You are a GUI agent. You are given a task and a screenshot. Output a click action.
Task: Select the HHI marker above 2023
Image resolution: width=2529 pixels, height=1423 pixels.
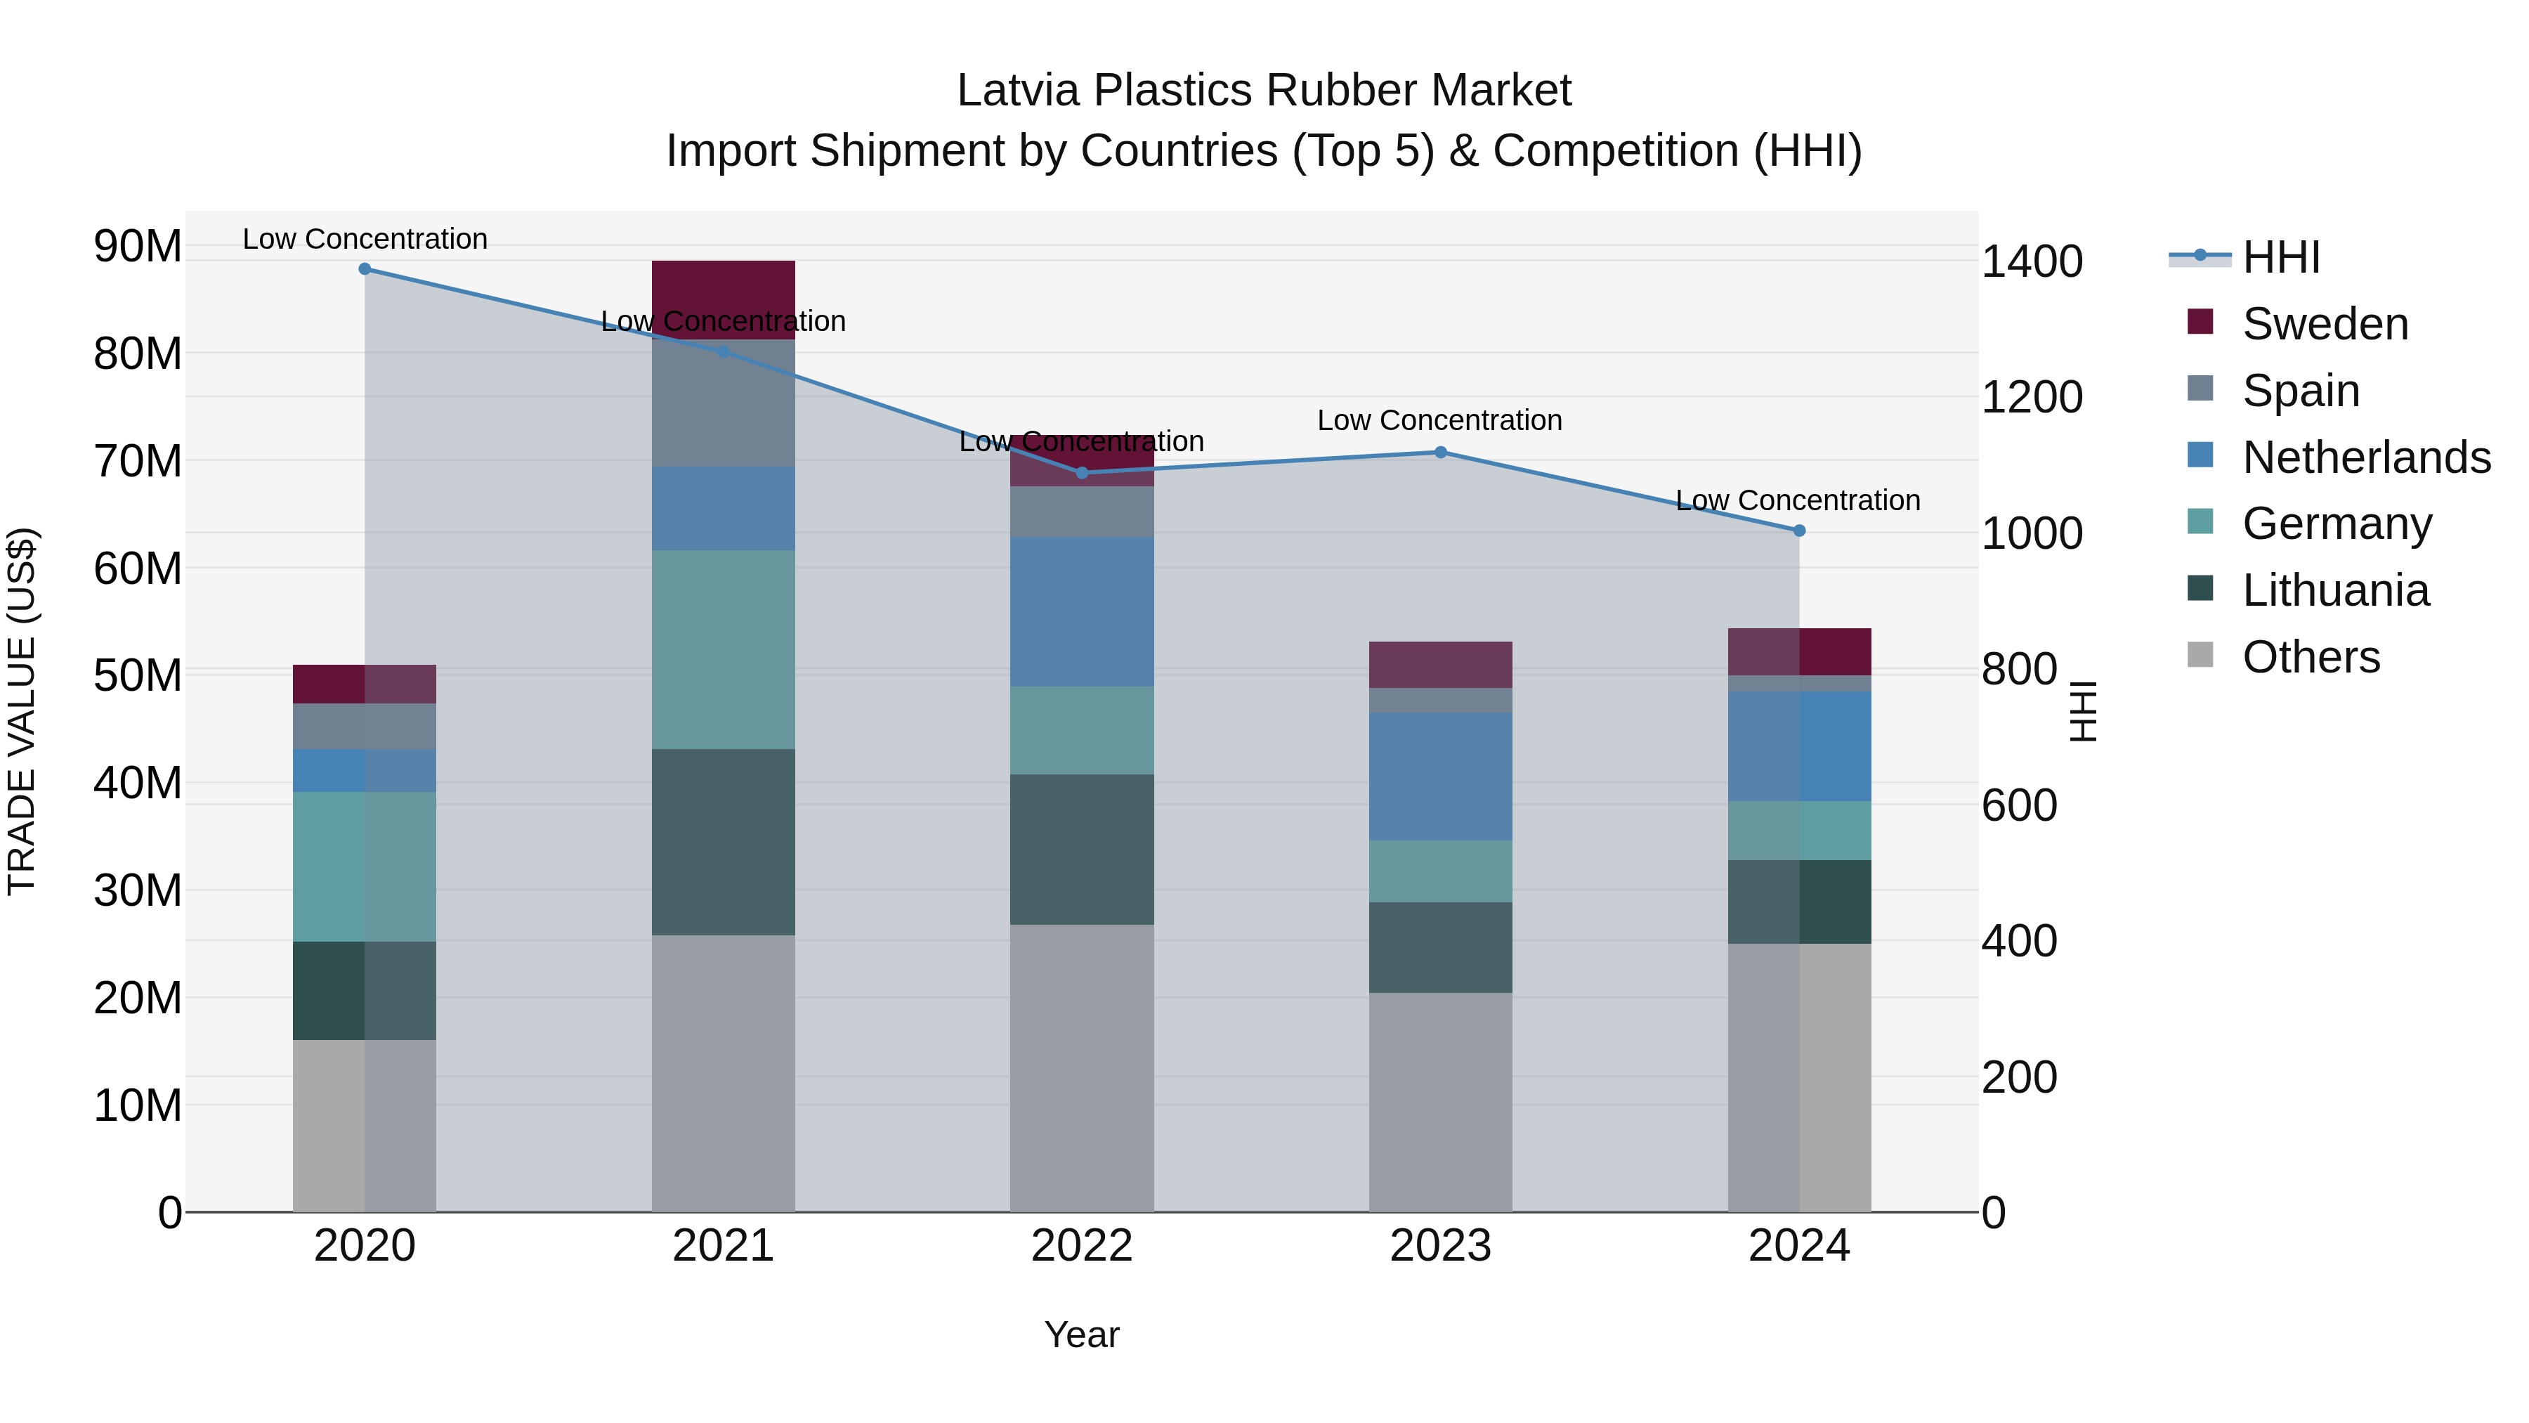click(1440, 453)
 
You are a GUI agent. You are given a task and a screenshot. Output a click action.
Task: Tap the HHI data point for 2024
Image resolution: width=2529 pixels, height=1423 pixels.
click(1798, 531)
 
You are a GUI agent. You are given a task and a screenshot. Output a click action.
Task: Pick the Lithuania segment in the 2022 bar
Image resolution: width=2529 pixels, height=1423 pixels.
click(1081, 850)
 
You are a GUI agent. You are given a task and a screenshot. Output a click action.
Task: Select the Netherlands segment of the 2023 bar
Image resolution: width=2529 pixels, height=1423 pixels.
click(1440, 776)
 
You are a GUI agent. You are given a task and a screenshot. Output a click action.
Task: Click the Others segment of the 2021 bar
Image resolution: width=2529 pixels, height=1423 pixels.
click(723, 1072)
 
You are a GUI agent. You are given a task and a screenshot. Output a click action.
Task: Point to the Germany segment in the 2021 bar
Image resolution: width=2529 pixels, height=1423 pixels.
click(723, 649)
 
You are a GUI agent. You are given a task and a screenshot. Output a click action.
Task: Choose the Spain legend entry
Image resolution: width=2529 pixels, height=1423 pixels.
click(2300, 391)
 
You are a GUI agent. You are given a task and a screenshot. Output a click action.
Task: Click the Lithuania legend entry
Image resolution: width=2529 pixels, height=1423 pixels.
click(2334, 590)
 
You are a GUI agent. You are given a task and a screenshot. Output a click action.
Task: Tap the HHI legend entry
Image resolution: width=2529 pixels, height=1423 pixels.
click(2280, 257)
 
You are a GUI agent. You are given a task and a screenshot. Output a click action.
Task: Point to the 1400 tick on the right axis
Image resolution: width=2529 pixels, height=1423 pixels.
click(2031, 261)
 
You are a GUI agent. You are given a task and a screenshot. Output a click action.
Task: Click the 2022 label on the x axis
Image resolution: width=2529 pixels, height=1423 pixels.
click(1081, 1246)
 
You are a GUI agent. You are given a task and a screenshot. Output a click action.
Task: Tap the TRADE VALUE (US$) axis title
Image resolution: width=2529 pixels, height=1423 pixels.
click(22, 711)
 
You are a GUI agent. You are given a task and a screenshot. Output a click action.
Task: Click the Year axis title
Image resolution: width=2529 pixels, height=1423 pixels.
click(1081, 1334)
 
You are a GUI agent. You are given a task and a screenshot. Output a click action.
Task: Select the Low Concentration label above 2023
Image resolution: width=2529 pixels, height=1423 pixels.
click(1439, 420)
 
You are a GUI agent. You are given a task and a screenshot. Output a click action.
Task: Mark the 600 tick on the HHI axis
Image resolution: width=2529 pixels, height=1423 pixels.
click(2020, 805)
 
